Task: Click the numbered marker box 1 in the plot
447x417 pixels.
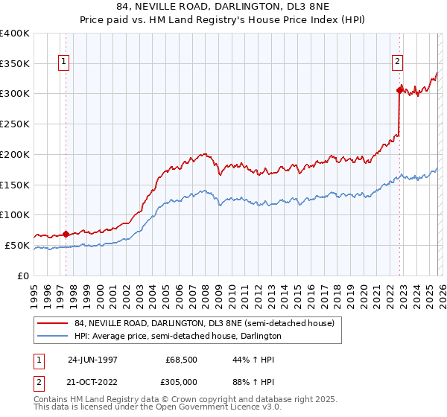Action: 65,62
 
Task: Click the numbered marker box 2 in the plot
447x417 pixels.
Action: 398,62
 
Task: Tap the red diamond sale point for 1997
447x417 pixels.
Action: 66,233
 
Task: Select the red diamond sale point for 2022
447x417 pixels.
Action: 400,90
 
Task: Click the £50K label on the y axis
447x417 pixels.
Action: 18,245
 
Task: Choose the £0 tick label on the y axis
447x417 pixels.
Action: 24,276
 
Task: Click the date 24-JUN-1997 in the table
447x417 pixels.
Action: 92,359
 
